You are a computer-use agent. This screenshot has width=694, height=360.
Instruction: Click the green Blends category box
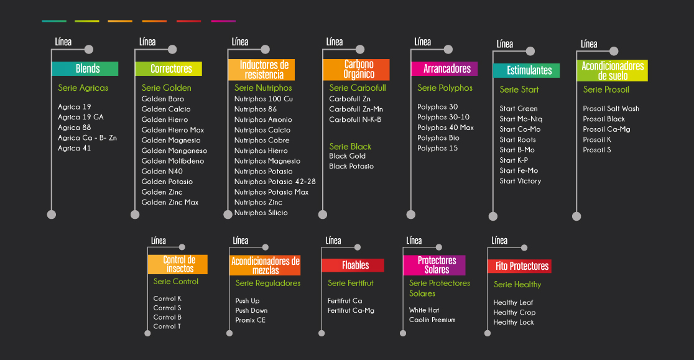pyautogui.click(x=85, y=68)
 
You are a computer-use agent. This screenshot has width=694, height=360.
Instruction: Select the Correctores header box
pyautogui.click(x=168, y=68)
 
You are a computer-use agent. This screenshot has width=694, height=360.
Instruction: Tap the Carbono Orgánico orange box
pyautogui.click(x=356, y=70)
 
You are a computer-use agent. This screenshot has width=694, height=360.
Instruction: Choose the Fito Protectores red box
pyautogui.click(x=520, y=266)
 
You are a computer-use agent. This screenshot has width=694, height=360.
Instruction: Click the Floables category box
pyautogui.click(x=353, y=265)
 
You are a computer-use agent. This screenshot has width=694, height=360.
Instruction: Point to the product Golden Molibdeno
pyautogui.click(x=173, y=161)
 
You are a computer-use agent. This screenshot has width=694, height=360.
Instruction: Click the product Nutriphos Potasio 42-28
pyautogui.click(x=275, y=182)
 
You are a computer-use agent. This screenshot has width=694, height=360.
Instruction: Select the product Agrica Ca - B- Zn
pyautogui.click(x=87, y=138)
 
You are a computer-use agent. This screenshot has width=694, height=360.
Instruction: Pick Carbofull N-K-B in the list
pyautogui.click(x=355, y=119)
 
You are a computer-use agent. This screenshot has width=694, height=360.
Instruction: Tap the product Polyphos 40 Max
pyautogui.click(x=445, y=127)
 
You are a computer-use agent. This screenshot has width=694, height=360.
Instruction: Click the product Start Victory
pyautogui.click(x=520, y=181)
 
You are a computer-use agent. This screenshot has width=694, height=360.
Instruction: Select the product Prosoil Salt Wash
pyautogui.click(x=611, y=108)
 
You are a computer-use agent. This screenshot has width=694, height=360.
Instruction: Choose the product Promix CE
pyautogui.click(x=250, y=320)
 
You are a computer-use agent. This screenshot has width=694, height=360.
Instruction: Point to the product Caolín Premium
pyautogui.click(x=432, y=320)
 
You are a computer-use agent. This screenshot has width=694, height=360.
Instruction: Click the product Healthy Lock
pyautogui.click(x=514, y=322)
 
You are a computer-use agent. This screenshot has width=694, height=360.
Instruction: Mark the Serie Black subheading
pyautogui.click(x=350, y=147)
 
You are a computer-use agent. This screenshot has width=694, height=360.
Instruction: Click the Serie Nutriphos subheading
pyautogui.click(x=263, y=88)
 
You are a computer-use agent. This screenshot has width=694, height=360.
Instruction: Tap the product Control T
pyautogui.click(x=167, y=326)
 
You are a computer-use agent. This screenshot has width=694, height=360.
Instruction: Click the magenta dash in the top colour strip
pyautogui.click(x=223, y=21)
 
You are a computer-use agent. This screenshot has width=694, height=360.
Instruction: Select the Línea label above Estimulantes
pyautogui.click(x=505, y=44)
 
